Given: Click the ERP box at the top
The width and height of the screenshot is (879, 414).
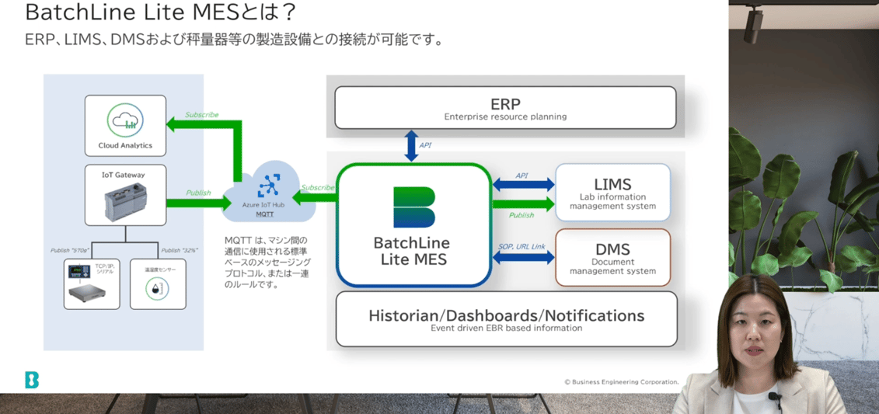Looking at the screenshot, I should pos(505,108).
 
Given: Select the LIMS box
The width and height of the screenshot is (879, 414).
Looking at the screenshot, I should pos(612,192).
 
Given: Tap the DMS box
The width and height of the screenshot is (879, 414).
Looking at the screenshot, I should pos(612,257).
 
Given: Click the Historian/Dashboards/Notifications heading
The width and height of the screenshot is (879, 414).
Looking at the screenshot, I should pos(506,315).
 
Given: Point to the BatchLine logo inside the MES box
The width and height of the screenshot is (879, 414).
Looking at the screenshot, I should pos(413,207).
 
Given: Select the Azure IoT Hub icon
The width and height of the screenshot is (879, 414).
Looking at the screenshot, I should pos(269,186).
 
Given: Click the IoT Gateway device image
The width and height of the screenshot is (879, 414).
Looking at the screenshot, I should pos(125,202).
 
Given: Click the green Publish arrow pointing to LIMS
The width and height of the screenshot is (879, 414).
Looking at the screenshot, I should pos(523,205).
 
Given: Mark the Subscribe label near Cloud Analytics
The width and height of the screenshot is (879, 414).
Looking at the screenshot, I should pos(201,115).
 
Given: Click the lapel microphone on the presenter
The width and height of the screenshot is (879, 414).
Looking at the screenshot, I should pos(774,398).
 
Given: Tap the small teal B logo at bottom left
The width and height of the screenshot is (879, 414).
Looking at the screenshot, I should pos(31,380).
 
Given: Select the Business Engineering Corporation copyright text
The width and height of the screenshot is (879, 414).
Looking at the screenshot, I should pos(621,381).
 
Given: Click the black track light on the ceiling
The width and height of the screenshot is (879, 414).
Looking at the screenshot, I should pos(752,24).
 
